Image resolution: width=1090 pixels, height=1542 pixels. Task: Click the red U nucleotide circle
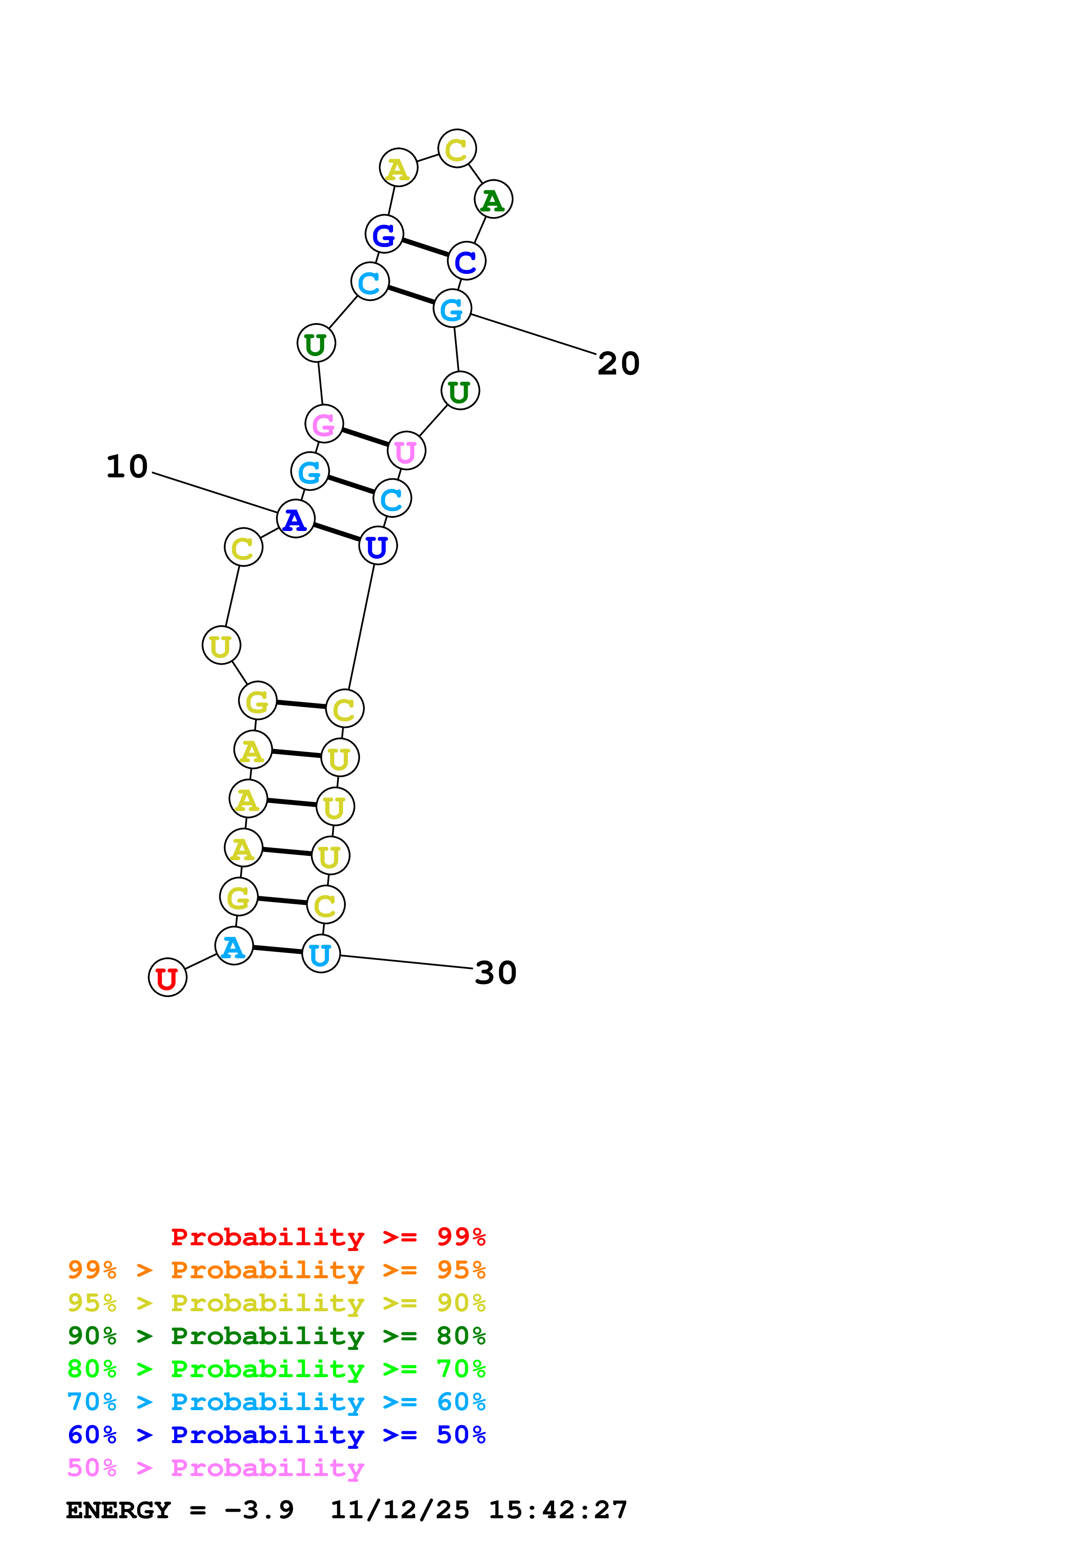pos(167,977)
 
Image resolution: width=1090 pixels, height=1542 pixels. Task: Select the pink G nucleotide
pos(324,424)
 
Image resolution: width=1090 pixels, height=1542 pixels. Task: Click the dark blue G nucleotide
pos(384,234)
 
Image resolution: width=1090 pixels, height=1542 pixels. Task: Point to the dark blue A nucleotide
pos(295,519)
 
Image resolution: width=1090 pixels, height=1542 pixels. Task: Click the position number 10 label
pos(127,466)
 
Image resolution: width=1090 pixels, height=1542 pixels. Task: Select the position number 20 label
pos(619,364)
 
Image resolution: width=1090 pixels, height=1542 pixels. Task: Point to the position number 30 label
pos(496,972)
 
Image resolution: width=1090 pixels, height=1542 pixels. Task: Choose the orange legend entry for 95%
pos(277,1270)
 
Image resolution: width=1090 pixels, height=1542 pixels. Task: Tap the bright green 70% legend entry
pos(277,1369)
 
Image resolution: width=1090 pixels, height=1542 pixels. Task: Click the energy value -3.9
pos(259,1510)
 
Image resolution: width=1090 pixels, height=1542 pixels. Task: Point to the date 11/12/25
pos(400,1510)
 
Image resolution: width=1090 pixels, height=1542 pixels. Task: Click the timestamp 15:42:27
pos(558,1510)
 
